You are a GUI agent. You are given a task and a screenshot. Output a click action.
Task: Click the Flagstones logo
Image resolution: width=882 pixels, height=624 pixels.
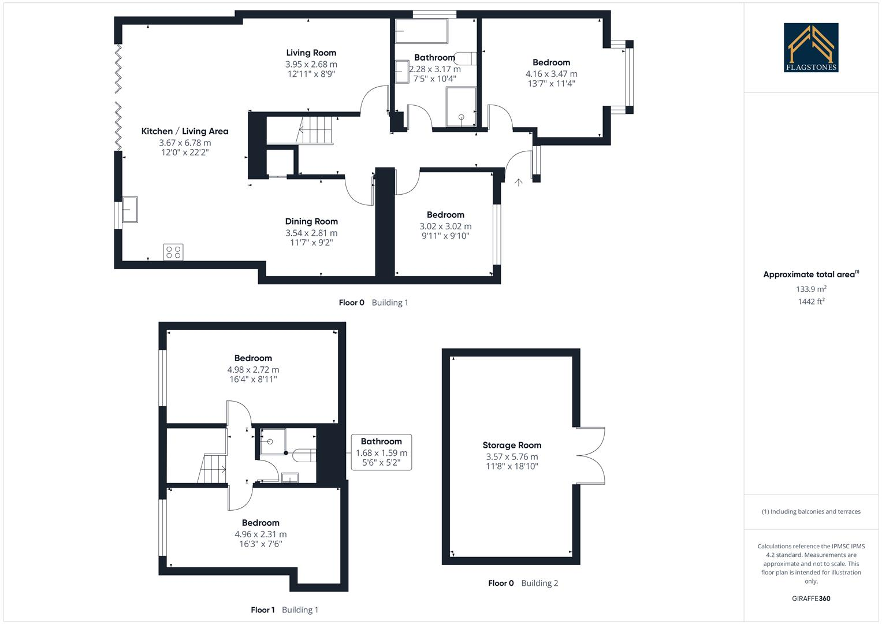click(x=811, y=47)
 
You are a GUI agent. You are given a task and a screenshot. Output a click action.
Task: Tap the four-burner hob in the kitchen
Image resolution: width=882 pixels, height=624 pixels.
click(x=173, y=252)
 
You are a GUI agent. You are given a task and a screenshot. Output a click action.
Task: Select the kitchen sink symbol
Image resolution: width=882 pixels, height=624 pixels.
click(x=129, y=210)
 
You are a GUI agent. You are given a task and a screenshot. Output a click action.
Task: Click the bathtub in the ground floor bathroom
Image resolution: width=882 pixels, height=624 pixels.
click(x=421, y=31)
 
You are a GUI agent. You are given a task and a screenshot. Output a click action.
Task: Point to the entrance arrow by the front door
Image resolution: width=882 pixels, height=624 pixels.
click(x=518, y=182)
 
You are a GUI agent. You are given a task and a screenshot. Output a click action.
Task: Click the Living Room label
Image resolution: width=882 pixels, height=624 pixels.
click(x=311, y=53)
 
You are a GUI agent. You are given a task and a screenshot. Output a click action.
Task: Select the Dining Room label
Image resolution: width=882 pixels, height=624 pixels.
click(x=311, y=221)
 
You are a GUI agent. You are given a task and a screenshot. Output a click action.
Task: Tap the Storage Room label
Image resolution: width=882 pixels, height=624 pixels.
click(x=512, y=445)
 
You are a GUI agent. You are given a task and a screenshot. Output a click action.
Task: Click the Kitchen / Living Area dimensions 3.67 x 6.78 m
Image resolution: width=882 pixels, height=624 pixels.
click(x=185, y=143)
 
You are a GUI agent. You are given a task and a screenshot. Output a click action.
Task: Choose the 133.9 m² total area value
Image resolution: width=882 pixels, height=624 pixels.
click(x=811, y=289)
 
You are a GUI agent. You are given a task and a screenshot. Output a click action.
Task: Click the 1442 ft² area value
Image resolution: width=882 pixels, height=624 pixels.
click(x=811, y=302)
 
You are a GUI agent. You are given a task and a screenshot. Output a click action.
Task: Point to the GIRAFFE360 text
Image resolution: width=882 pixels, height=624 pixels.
click(x=811, y=599)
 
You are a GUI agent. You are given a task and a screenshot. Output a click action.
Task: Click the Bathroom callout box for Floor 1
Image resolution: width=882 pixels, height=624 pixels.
click(x=381, y=452)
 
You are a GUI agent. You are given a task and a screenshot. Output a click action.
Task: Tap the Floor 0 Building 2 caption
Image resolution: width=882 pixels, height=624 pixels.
click(x=523, y=583)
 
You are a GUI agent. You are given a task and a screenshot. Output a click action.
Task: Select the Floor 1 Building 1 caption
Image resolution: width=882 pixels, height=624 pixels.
click(x=284, y=610)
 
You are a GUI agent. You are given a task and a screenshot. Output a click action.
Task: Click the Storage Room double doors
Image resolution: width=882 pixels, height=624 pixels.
click(x=591, y=455)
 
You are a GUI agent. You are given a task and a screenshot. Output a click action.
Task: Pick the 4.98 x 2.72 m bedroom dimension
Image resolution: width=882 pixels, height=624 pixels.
click(x=253, y=370)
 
